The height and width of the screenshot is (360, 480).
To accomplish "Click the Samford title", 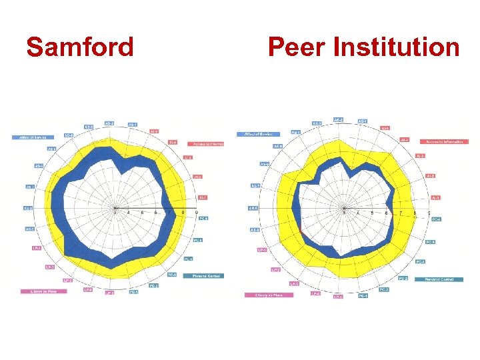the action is coord(80,47).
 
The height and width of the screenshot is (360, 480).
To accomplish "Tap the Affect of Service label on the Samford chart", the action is coord(32,137).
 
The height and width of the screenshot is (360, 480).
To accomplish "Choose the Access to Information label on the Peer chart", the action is coord(444,141).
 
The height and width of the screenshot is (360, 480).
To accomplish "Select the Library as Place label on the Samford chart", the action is coord(38,291).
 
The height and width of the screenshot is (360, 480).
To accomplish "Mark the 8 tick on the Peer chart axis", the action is coord(415,213).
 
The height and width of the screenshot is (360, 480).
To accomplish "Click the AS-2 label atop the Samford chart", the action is coord(109,123).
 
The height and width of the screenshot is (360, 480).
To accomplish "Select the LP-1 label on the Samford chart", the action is coord(36,247).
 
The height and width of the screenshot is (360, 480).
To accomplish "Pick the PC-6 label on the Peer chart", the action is coord(437,219).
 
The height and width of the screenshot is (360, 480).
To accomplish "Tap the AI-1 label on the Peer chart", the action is coord(436,197).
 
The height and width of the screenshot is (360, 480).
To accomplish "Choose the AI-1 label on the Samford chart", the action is coord(202,197).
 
